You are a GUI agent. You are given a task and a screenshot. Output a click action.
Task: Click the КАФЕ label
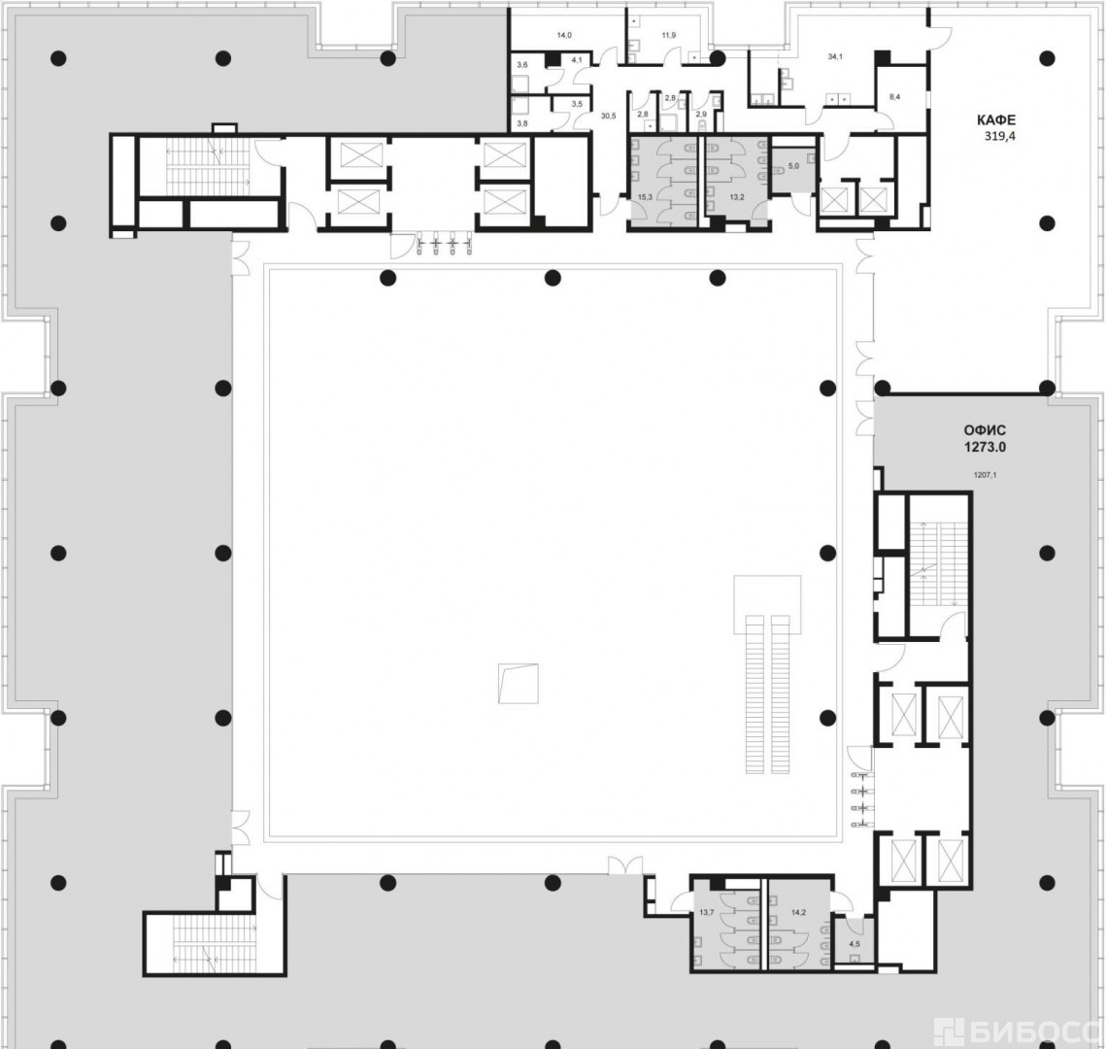(x=996, y=119)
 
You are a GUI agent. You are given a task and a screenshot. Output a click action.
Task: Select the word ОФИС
(x=985, y=430)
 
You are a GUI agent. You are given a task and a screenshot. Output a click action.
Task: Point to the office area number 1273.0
(x=985, y=447)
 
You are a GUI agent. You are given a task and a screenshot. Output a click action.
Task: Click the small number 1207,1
(x=985, y=475)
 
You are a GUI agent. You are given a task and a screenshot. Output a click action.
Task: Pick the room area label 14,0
(x=564, y=35)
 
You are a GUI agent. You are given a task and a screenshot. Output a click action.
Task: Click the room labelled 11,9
(x=669, y=35)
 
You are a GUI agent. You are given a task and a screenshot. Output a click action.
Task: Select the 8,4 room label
(x=894, y=97)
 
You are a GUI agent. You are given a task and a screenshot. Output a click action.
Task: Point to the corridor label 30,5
(x=608, y=116)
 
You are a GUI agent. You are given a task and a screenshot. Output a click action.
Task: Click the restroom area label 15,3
(x=645, y=197)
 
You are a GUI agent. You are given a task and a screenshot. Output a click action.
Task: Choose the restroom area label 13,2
(x=737, y=197)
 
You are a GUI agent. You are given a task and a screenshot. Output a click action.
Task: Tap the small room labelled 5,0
(x=793, y=166)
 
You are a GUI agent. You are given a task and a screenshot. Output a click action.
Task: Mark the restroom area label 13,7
(x=707, y=912)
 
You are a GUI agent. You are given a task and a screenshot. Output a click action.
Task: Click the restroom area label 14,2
(x=798, y=912)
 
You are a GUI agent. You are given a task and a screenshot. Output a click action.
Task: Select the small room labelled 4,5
(x=855, y=944)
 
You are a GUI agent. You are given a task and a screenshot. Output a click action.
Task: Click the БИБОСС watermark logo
(x=1020, y=1033)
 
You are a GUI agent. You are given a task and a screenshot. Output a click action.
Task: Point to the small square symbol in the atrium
(x=518, y=684)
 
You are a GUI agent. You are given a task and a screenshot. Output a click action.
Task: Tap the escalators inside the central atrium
(x=768, y=694)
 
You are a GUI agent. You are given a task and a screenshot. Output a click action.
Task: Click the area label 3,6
(x=522, y=65)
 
